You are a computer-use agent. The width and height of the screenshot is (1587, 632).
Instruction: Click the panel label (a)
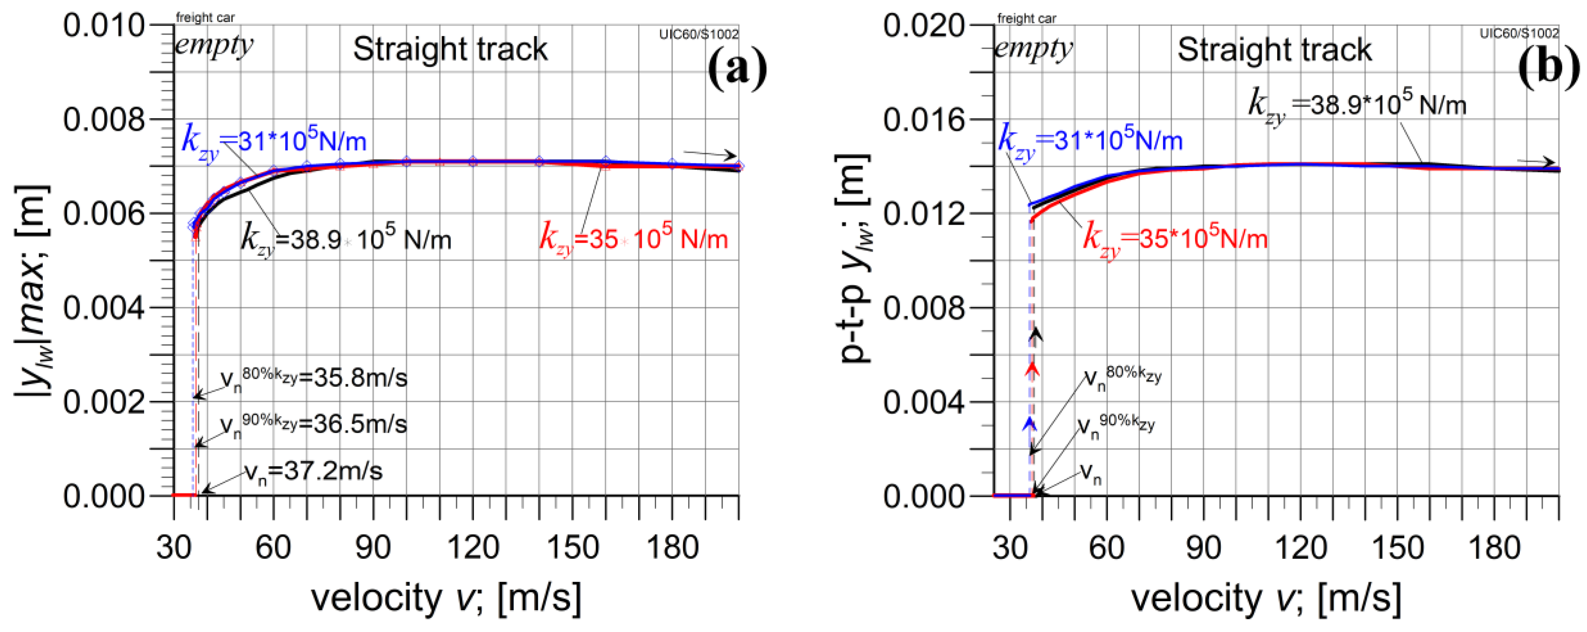tap(737, 70)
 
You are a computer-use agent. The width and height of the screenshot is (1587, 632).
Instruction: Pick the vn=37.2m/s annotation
tap(313, 472)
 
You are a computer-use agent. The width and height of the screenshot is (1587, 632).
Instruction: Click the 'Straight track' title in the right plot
tap(1275, 49)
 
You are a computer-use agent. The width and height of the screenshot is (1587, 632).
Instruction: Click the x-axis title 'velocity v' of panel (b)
tap(1266, 598)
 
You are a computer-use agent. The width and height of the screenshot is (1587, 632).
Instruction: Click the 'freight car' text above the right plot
tap(1026, 18)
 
